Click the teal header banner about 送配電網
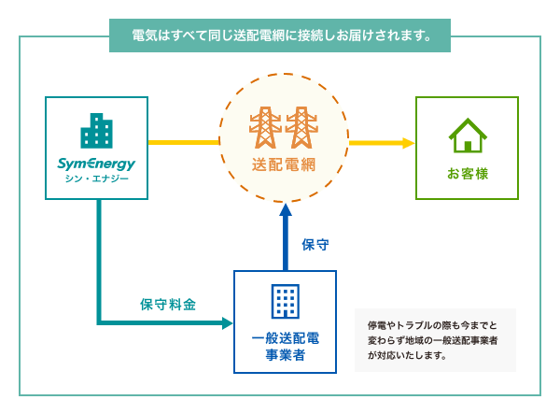tap(280, 36)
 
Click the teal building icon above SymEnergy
tap(97, 132)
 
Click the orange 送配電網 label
tap(282, 165)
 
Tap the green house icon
tap(468, 135)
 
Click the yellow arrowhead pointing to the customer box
tap(409, 143)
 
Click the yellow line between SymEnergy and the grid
tap(183, 143)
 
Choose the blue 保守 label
tap(315, 245)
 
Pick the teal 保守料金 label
tap(168, 305)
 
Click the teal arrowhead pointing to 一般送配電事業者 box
tap(227, 323)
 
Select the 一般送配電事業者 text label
tap(285, 345)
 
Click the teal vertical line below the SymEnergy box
tap(98, 262)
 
